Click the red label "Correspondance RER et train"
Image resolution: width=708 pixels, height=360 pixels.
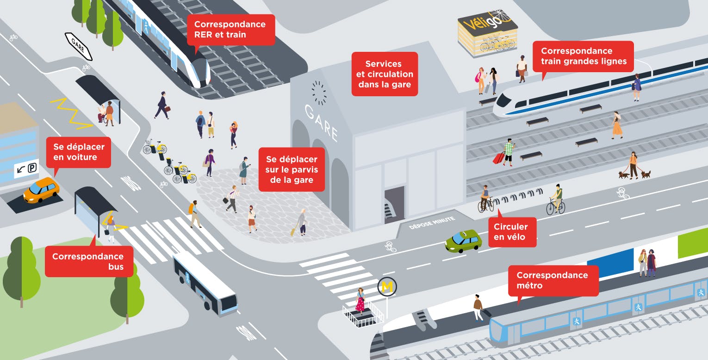pyautogui.click(x=230, y=30)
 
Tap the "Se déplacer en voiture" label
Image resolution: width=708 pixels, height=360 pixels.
pyautogui.click(x=79, y=152)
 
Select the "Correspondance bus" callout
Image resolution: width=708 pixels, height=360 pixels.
pyautogui.click(x=88, y=261)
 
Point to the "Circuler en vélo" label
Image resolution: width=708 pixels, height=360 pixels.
pyautogui.click(x=510, y=232)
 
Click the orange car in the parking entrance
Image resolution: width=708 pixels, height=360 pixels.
pyautogui.click(x=42, y=189)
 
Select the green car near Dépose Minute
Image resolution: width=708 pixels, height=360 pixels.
pyautogui.click(x=463, y=241)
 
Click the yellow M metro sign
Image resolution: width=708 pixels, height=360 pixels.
pyautogui.click(x=387, y=287)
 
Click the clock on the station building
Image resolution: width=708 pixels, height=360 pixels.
pyautogui.click(x=319, y=93)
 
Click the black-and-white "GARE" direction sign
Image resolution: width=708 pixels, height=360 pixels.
pyautogui.click(x=78, y=46)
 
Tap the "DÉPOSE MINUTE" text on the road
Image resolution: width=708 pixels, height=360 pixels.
pyautogui.click(x=432, y=223)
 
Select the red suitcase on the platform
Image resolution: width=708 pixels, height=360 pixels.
pyautogui.click(x=499, y=158)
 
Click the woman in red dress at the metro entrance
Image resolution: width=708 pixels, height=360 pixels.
pyautogui.click(x=360, y=300)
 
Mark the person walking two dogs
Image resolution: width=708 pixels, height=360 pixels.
pyautogui.click(x=633, y=165)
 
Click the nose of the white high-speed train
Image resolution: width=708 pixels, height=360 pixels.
pyautogui.click(x=499, y=105)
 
